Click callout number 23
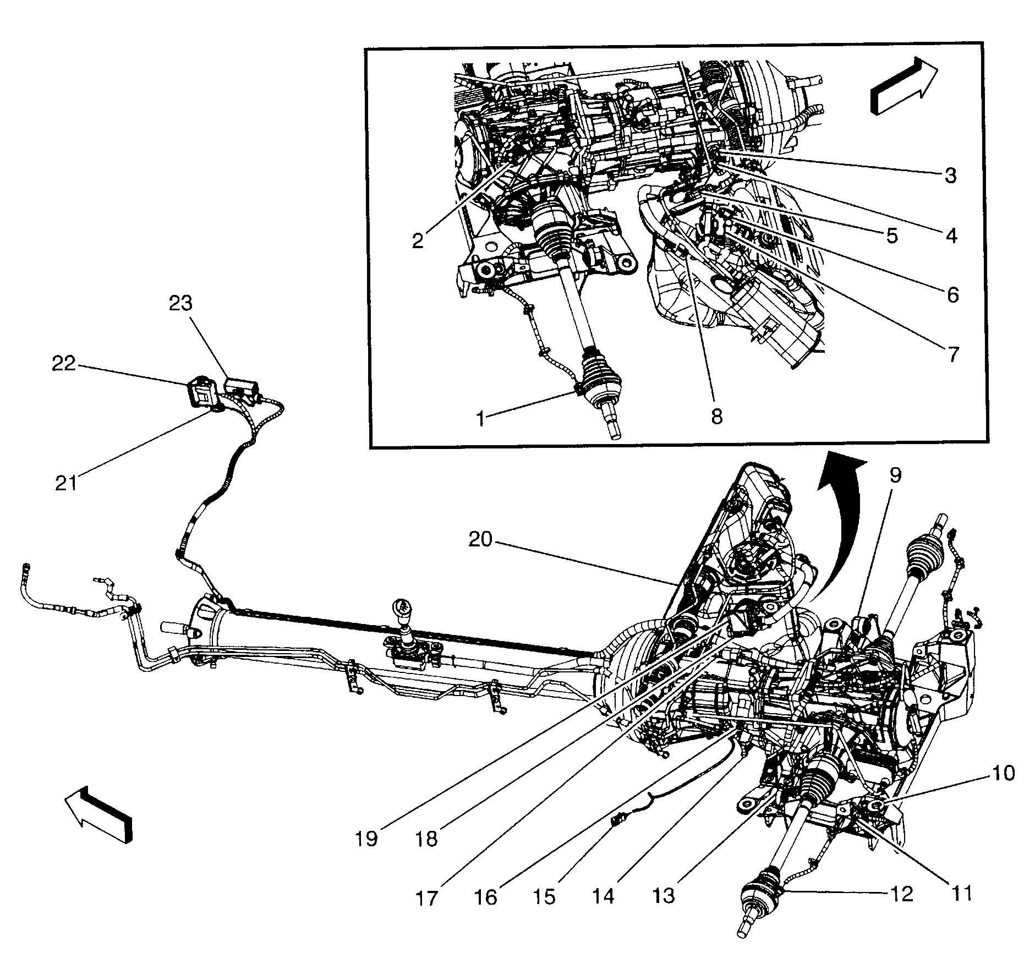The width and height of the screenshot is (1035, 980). pyautogui.click(x=181, y=303)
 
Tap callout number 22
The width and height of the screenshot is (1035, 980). pyautogui.click(x=64, y=364)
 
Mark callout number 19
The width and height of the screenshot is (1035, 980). pyautogui.click(x=366, y=854)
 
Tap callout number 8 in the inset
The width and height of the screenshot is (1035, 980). pyautogui.click(x=716, y=416)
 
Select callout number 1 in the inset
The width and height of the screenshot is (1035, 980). pyautogui.click(x=481, y=419)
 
